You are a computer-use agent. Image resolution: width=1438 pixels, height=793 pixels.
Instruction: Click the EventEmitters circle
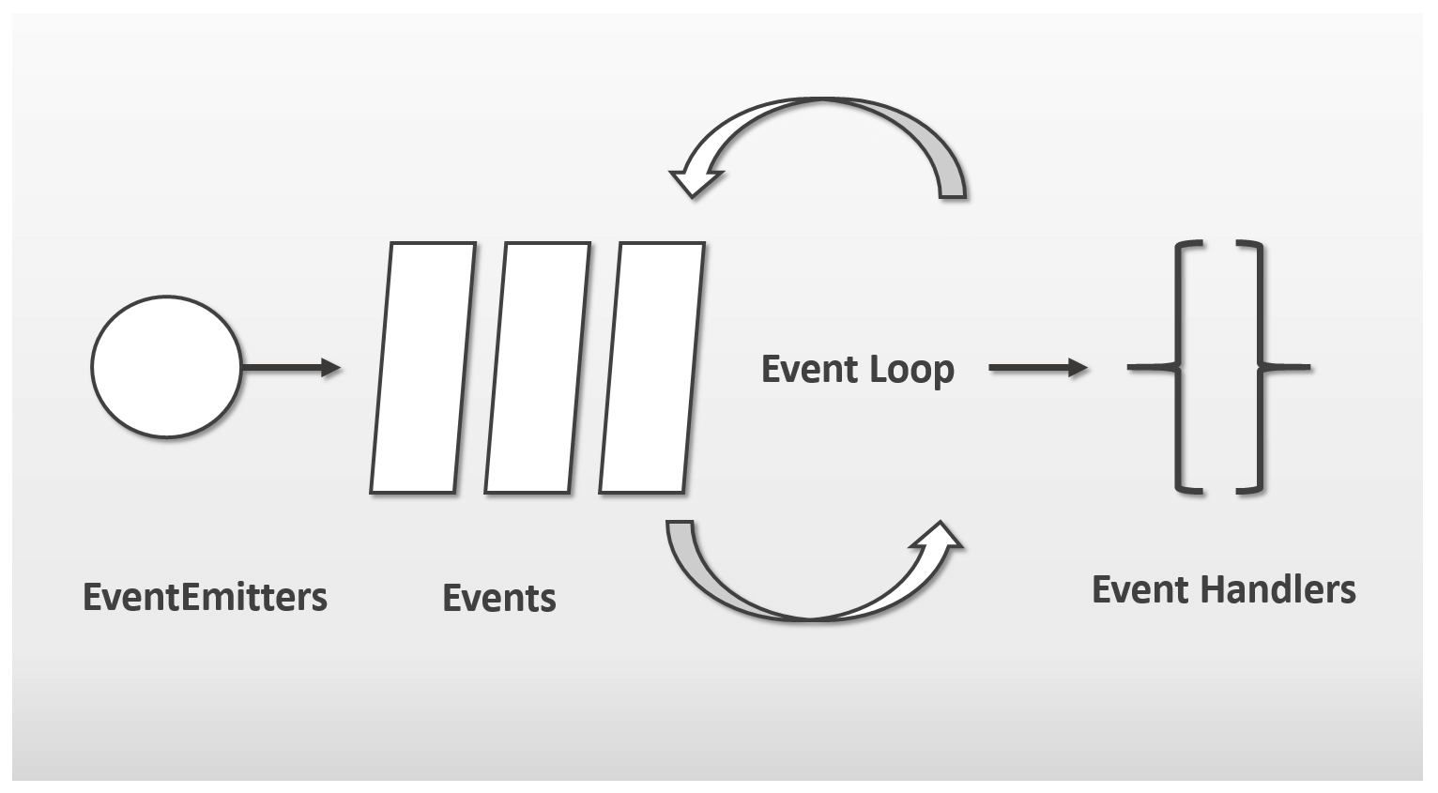[x=166, y=367]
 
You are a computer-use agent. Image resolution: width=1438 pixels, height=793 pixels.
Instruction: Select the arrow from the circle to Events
[x=291, y=368]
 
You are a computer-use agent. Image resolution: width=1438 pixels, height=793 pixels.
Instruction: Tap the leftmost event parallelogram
[x=423, y=368]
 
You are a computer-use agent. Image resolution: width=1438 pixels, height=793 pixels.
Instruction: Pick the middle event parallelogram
[x=538, y=368]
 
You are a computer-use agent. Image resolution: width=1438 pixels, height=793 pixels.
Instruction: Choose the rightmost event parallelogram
[x=652, y=368]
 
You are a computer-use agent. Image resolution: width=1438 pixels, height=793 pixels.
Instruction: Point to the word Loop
[x=912, y=370]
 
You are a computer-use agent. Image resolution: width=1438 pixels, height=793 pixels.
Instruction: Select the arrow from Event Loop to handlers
[x=1039, y=368]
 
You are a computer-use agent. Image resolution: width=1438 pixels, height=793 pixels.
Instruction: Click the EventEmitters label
[x=205, y=597]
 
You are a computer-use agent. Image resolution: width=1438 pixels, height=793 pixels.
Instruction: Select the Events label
[x=498, y=597]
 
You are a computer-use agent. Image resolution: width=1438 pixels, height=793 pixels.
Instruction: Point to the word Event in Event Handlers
[x=1140, y=589]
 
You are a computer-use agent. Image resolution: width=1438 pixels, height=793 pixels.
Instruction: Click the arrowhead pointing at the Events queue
[x=331, y=368]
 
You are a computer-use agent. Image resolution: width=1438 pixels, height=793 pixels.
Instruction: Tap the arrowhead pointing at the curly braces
[x=1078, y=368]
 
